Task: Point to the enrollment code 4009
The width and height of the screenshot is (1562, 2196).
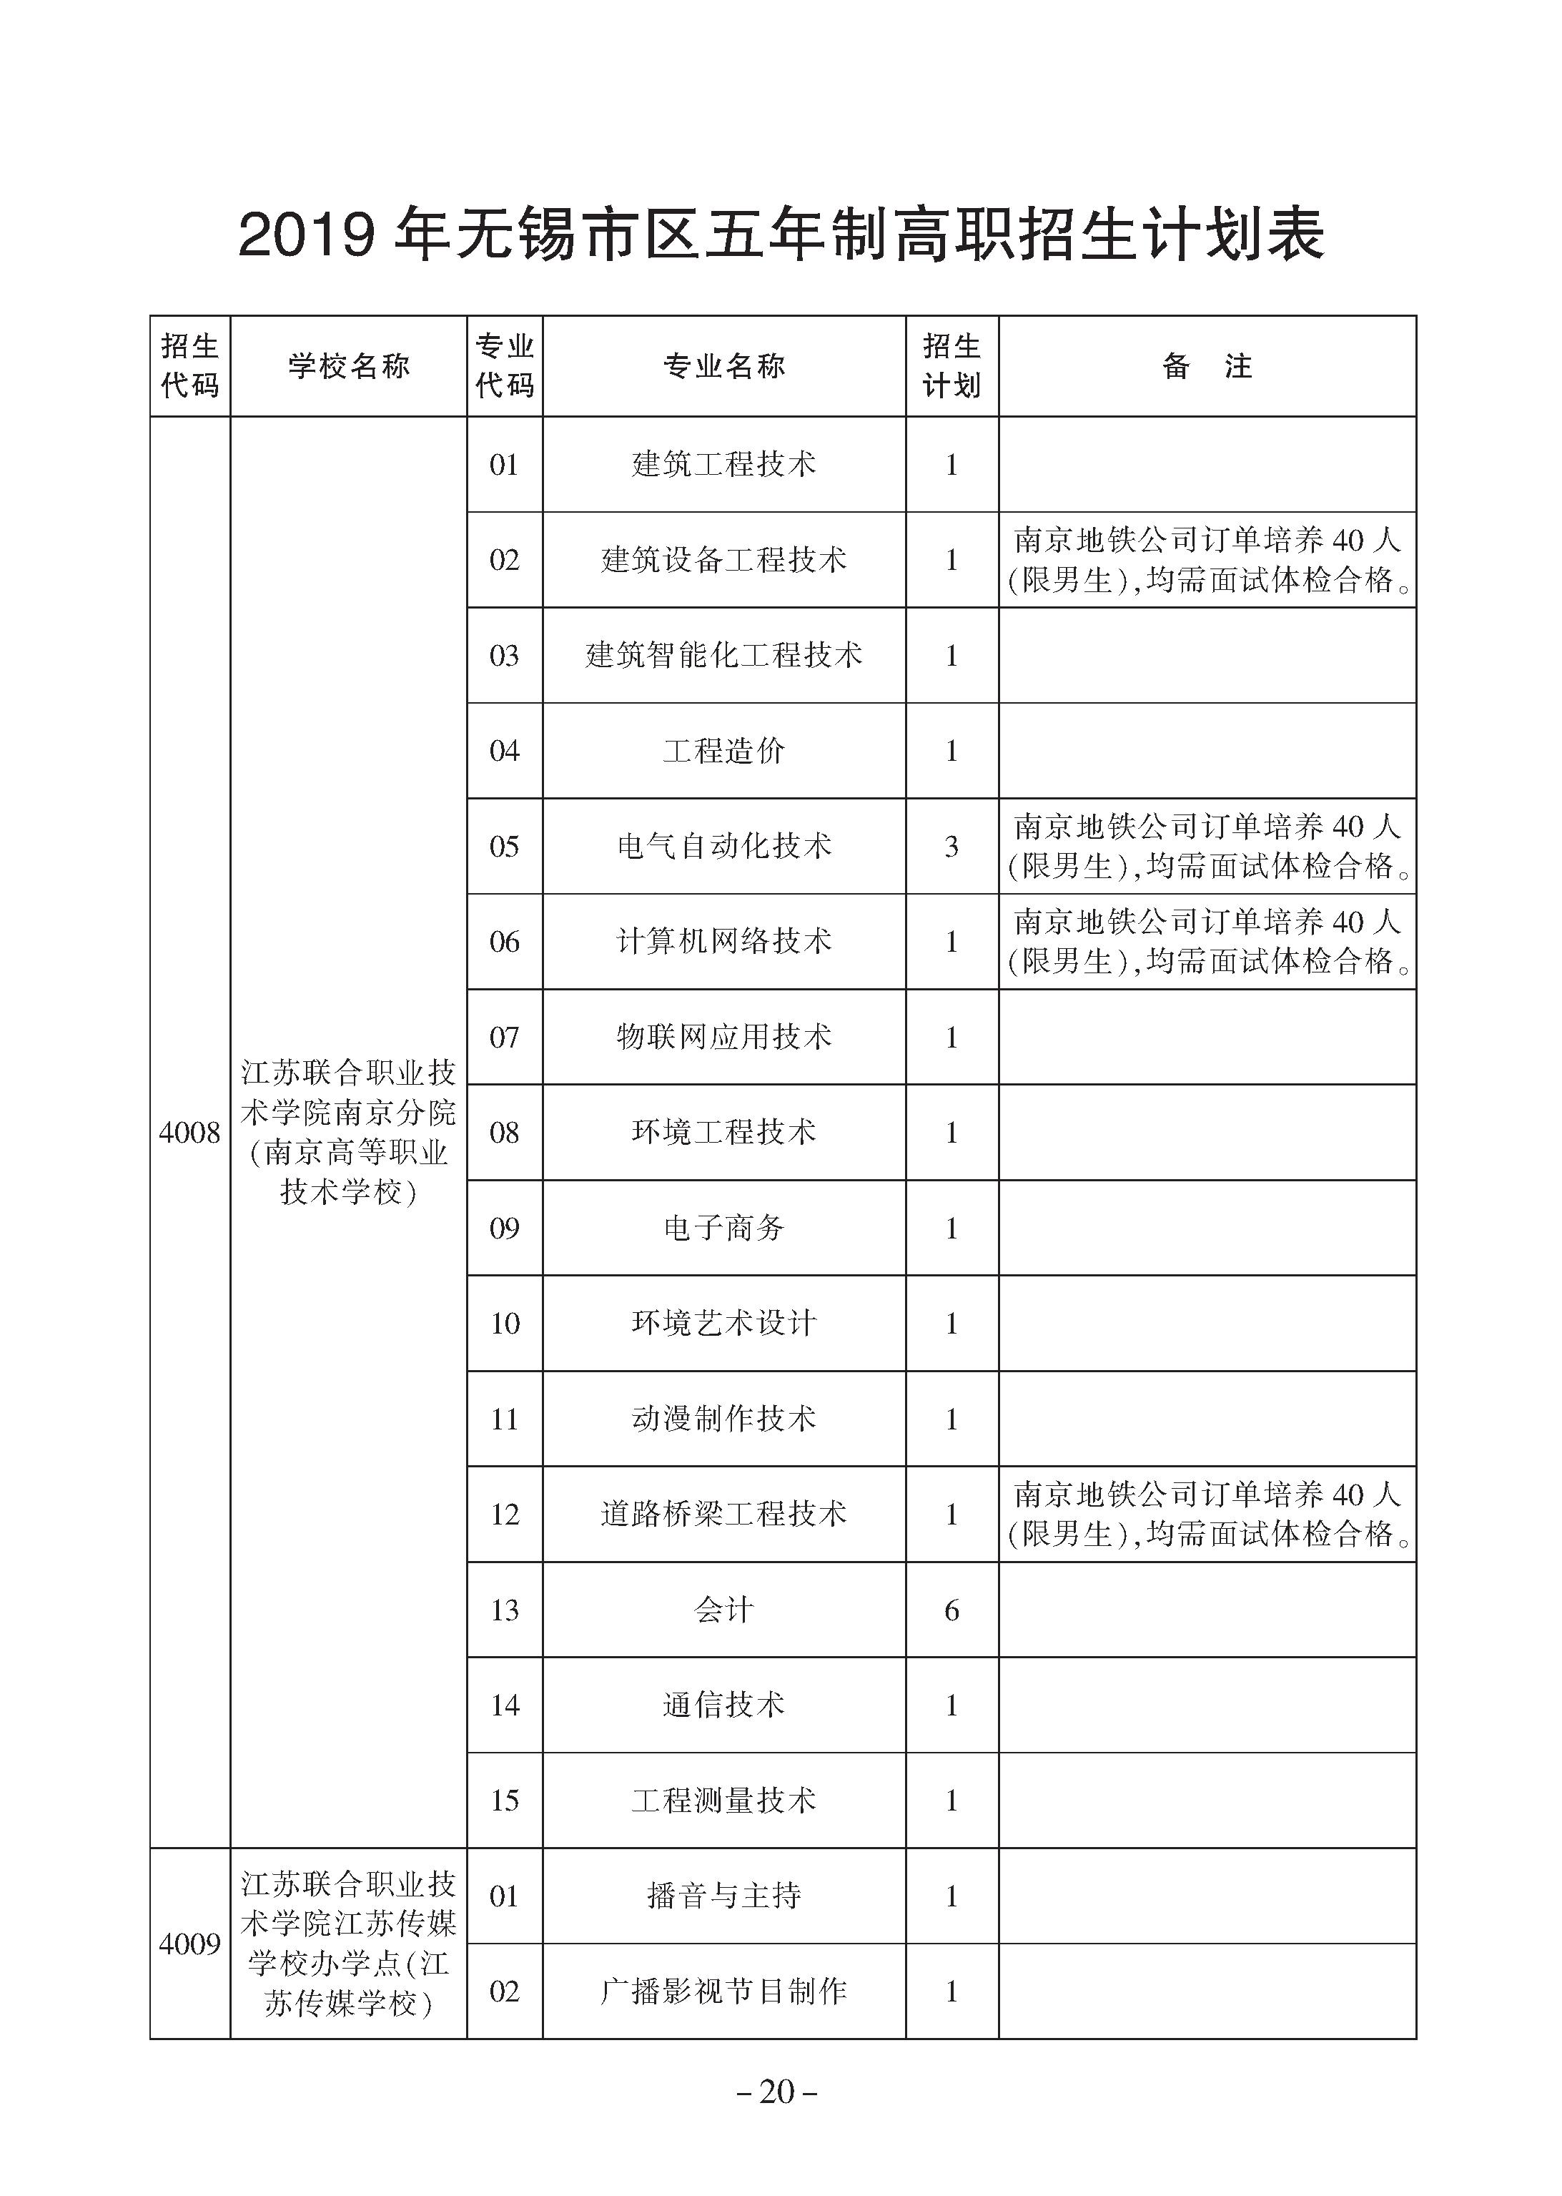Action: pos(189,1944)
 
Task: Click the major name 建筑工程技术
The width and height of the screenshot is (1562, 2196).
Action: pos(723,465)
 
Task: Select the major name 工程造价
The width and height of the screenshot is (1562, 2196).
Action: pos(723,750)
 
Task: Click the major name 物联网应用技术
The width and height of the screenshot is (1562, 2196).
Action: pos(723,1037)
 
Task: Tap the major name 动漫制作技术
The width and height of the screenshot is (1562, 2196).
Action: pos(723,1419)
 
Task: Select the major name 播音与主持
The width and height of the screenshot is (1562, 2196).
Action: pos(723,1896)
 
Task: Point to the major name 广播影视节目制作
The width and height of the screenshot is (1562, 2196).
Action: pos(723,1991)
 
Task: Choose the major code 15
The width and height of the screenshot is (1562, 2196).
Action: pos(504,1801)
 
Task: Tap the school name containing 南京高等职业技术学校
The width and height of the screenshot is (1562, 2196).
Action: pos(348,1132)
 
